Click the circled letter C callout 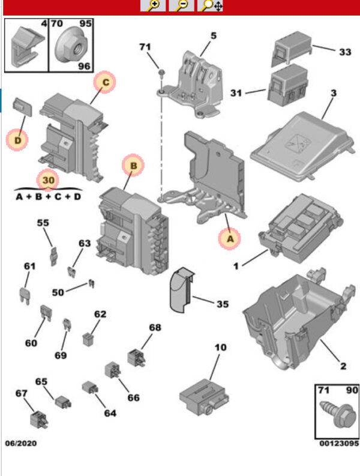coord(104,82)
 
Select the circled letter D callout coord(17,140)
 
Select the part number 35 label coord(222,304)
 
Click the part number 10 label coord(220,347)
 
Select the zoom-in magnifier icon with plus coord(153,6)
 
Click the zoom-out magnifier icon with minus coord(182,6)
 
